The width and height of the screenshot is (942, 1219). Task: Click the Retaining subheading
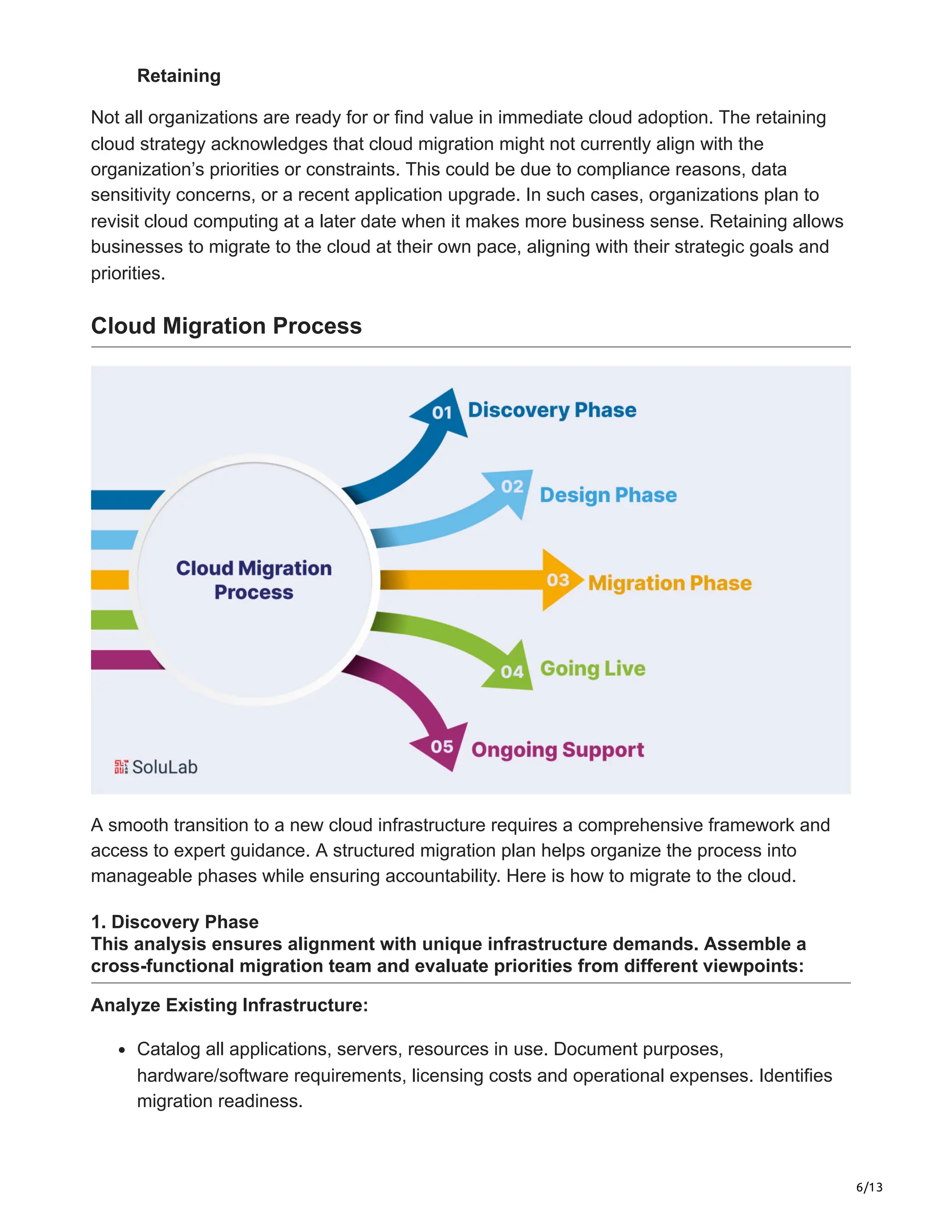click(x=178, y=76)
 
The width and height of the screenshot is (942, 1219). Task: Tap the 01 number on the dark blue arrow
click(x=442, y=413)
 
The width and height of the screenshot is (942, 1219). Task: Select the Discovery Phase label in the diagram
click(x=551, y=410)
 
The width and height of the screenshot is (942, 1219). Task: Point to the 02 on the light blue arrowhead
click(x=512, y=487)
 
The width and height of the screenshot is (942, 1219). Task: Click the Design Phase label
click(x=608, y=495)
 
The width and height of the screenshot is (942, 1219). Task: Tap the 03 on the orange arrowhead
click(x=557, y=580)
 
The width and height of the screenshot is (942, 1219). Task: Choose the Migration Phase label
click(x=670, y=583)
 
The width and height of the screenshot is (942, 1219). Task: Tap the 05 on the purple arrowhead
click(x=442, y=747)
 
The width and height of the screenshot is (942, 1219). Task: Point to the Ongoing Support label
click(x=557, y=750)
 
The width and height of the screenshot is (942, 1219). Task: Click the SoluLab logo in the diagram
click(x=156, y=767)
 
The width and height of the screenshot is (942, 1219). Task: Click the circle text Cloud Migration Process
click(x=254, y=580)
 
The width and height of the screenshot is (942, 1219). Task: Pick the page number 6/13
click(x=869, y=1187)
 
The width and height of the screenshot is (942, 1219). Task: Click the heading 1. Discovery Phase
click(x=175, y=921)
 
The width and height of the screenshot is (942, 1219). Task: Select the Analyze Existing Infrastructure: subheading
click(x=230, y=1005)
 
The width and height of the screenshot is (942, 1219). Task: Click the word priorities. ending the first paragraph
click(x=128, y=274)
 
